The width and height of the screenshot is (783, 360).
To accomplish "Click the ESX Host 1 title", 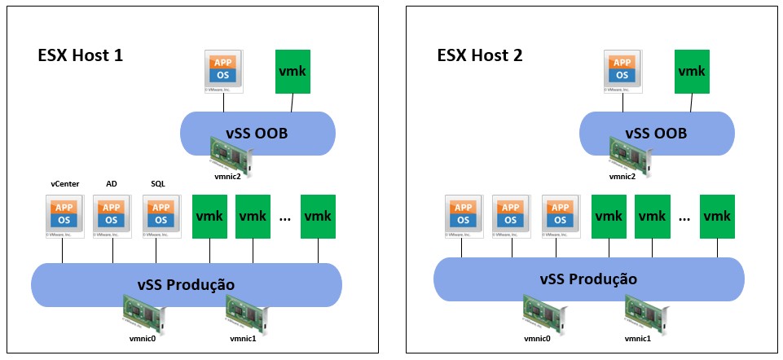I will [x=80, y=56].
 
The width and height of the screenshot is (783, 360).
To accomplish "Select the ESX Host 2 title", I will [x=480, y=56].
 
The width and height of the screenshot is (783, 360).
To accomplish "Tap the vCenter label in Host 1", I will [x=64, y=184].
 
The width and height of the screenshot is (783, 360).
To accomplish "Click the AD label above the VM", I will [x=112, y=184].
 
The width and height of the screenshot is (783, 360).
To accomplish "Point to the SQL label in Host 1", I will [x=158, y=184].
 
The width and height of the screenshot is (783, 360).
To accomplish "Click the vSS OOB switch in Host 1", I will [x=257, y=133].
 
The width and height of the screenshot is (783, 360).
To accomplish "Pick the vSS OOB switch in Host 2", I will [x=656, y=133].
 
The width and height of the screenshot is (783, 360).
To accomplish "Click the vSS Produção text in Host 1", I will [x=185, y=284].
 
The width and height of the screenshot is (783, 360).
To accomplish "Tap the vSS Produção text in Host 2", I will [x=587, y=279].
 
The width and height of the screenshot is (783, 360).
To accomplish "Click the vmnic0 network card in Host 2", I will [x=543, y=312].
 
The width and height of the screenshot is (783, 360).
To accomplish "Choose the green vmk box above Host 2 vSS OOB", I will [x=692, y=71].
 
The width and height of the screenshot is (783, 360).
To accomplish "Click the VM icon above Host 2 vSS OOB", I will [x=622, y=71].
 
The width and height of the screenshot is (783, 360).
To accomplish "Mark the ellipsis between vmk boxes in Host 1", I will [x=285, y=218].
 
